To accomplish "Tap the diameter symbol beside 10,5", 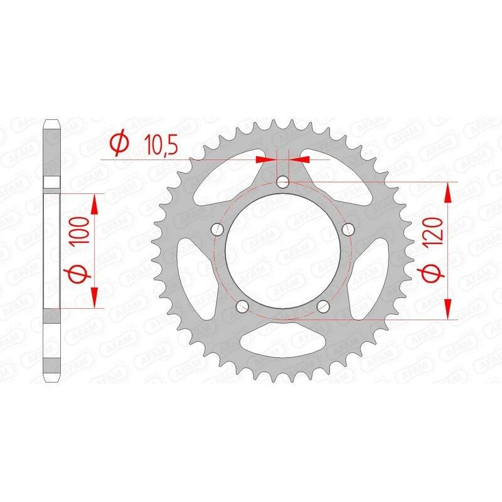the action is coord(119,144).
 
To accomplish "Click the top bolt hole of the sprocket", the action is coord(283,182).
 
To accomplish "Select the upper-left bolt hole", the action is coord(218,229).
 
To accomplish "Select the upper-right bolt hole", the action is coord(348,229).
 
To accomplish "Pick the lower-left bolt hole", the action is coord(242,306).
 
